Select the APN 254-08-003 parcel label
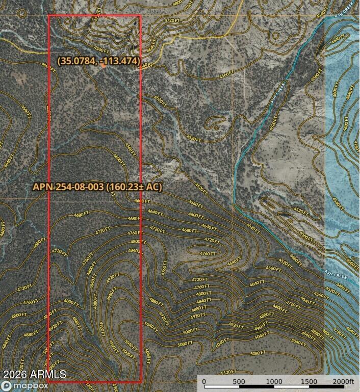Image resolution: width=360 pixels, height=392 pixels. [68, 187]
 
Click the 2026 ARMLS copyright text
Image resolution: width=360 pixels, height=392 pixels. [34, 375]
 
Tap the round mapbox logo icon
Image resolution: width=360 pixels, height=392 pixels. [6, 386]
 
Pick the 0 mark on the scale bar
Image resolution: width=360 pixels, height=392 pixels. [203, 381]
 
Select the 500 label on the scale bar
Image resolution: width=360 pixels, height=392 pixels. [239, 381]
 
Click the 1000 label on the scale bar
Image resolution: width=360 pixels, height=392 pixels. [274, 381]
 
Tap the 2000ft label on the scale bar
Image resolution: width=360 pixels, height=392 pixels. [343, 381]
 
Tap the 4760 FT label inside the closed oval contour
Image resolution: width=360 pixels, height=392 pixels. [208, 253]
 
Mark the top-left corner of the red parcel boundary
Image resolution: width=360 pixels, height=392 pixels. [48, 15]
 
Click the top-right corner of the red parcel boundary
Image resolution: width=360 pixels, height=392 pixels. [140, 15]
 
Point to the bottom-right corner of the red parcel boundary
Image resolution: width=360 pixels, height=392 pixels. [141, 382]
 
